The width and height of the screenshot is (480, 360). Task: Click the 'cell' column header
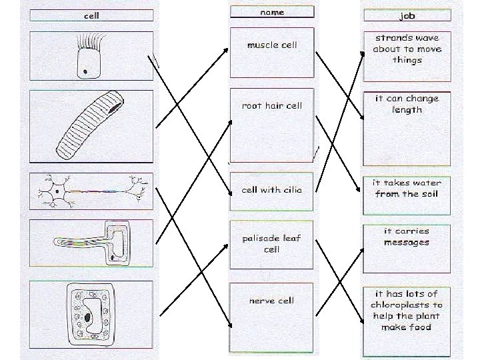[x=91, y=15]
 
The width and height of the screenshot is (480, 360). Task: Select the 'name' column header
[x=271, y=12]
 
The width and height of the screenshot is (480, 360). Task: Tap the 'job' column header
[x=407, y=15]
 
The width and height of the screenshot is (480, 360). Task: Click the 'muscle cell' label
[x=272, y=45]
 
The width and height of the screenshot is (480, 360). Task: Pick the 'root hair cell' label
[x=272, y=105]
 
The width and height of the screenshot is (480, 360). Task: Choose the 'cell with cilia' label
[x=272, y=189]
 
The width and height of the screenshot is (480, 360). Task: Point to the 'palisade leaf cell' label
[x=272, y=243]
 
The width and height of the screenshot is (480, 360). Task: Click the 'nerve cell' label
[x=272, y=300]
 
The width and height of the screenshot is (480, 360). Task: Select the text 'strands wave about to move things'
[x=407, y=49]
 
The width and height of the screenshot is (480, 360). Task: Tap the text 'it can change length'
[x=407, y=104]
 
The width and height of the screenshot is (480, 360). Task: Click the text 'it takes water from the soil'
[x=407, y=188]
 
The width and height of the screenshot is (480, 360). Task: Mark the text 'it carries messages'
[x=407, y=237]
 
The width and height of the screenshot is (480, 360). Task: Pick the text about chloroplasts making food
[x=407, y=310]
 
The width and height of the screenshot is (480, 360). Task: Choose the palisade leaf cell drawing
[x=91, y=315]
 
